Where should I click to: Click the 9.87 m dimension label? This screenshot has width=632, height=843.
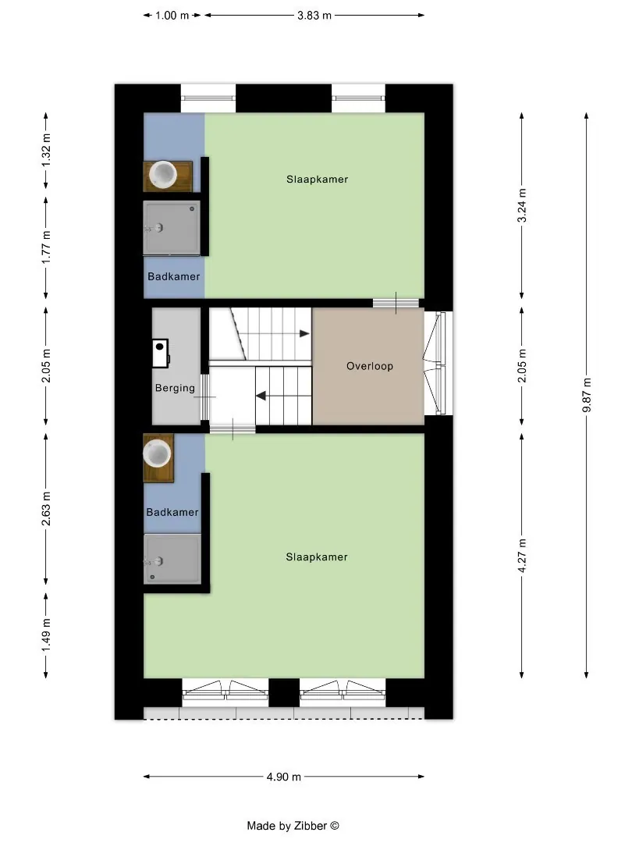[586, 395]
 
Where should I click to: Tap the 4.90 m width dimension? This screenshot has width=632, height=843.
[284, 777]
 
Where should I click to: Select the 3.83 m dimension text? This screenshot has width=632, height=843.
[314, 15]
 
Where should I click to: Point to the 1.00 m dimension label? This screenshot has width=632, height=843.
[172, 15]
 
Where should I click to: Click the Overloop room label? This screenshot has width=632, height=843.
[370, 366]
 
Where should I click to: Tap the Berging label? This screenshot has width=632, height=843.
[175, 388]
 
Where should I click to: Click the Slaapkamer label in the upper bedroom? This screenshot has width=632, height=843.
[317, 179]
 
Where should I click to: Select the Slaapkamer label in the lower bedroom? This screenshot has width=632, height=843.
[317, 557]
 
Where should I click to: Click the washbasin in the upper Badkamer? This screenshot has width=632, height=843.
[163, 173]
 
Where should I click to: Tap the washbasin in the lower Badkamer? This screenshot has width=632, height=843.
[157, 453]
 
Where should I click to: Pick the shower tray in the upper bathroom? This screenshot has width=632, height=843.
[172, 228]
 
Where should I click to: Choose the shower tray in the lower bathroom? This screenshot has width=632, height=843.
[172, 559]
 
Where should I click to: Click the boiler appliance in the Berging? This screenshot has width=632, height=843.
[161, 354]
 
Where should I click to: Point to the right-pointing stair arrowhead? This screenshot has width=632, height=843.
[305, 333]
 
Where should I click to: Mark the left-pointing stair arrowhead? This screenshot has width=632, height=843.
[261, 397]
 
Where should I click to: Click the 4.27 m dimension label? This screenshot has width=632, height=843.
[522, 555]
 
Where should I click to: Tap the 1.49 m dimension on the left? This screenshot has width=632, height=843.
[46, 635]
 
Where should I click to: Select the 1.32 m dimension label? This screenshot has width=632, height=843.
[46, 150]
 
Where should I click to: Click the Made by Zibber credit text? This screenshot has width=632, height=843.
[293, 826]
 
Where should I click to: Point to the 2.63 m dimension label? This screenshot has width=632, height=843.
[46, 509]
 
